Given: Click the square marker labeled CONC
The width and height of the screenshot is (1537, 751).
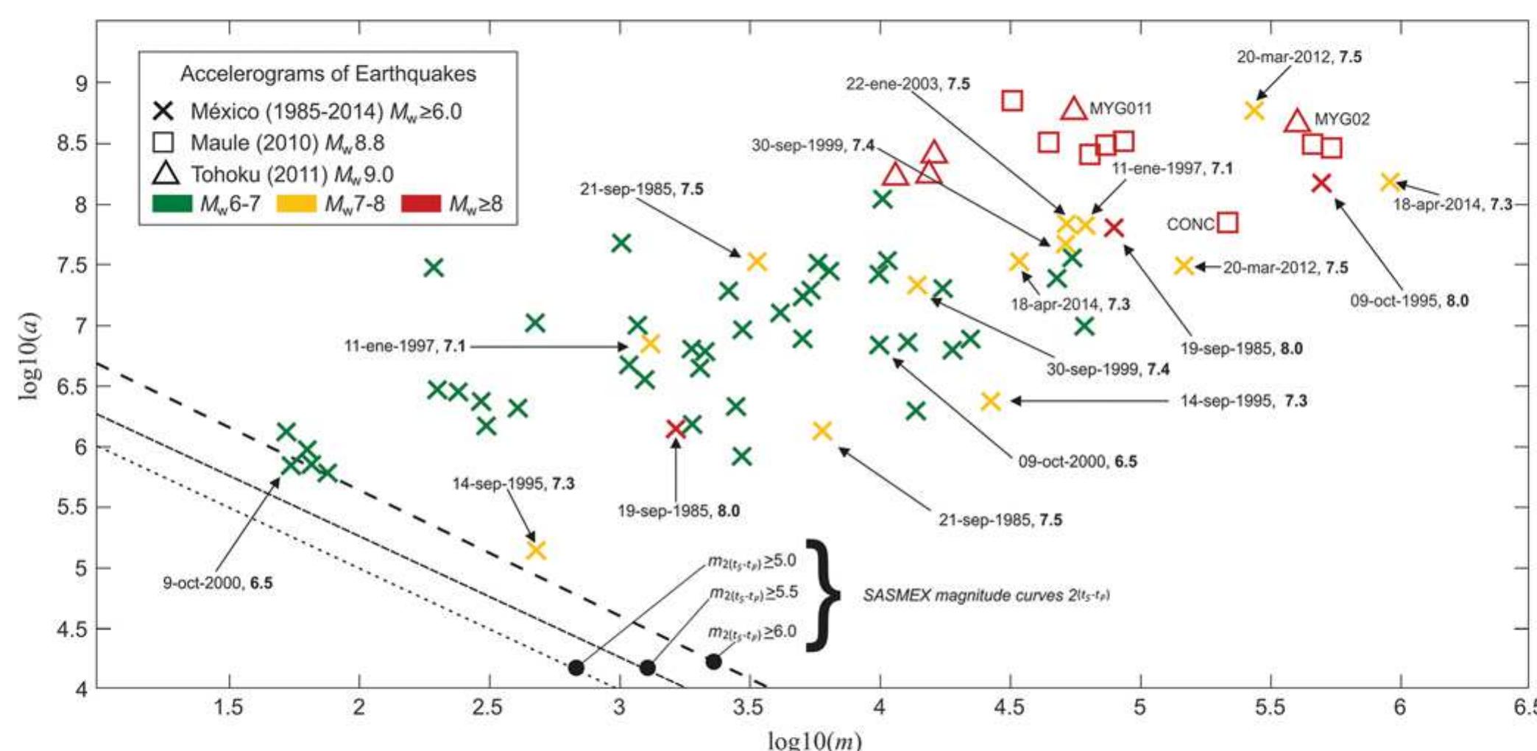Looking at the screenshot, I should (x=1227, y=222).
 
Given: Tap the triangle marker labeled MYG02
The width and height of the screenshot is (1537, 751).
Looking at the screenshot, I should (x=1297, y=121).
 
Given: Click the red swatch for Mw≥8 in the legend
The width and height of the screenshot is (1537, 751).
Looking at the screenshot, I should (x=420, y=204).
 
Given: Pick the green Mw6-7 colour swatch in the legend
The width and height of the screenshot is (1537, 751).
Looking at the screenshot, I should (x=172, y=204).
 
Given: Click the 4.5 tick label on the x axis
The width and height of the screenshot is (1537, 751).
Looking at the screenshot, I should (x=1009, y=708).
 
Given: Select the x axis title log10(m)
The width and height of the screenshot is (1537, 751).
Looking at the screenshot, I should (x=813, y=739).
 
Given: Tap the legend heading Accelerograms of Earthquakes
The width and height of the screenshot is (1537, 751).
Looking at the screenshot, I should (x=328, y=74).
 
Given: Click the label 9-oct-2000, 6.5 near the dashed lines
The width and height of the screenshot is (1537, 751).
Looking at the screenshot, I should (x=217, y=583).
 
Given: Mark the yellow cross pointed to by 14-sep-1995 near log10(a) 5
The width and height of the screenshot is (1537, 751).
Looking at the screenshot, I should (x=536, y=550).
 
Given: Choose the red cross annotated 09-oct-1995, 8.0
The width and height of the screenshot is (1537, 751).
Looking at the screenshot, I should (x=1321, y=183).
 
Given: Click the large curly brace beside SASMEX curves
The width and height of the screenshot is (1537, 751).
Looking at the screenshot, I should (x=823, y=595).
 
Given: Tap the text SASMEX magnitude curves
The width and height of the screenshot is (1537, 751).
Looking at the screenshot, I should (x=985, y=595).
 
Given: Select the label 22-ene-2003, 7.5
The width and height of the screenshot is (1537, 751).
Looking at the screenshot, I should (x=907, y=84).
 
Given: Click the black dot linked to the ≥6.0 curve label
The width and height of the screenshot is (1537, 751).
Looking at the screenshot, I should (x=713, y=661).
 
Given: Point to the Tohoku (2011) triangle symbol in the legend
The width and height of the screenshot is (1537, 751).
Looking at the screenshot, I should (x=165, y=174).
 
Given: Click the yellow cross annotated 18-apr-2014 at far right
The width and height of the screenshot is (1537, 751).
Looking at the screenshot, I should (x=1389, y=181).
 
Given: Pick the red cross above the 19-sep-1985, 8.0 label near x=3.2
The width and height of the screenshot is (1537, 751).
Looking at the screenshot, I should (x=675, y=429).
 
